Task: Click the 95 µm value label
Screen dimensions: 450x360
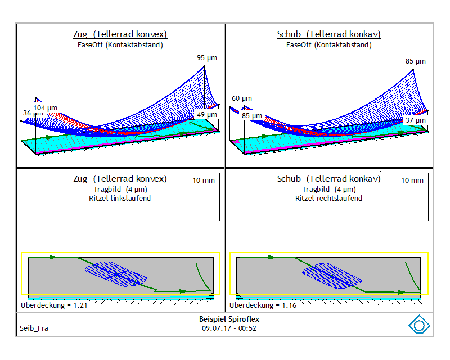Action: click(x=206, y=58)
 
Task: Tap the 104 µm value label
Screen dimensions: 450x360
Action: click(x=46, y=108)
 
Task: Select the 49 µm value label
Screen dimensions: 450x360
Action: click(x=206, y=115)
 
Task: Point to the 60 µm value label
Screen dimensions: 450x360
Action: click(x=242, y=98)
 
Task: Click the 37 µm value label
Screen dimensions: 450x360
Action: click(x=415, y=120)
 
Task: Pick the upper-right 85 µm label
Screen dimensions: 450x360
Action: click(x=415, y=61)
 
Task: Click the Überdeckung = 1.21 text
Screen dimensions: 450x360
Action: click(x=54, y=305)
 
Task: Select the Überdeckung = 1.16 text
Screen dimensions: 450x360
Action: click(x=263, y=305)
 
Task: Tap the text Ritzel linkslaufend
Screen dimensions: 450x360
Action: click(x=120, y=199)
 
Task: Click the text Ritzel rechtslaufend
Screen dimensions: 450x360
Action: click(x=328, y=199)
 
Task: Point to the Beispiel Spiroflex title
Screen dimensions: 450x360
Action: click(x=229, y=319)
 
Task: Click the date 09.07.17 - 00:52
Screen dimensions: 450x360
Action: click(x=229, y=328)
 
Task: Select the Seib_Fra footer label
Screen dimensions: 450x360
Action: click(x=34, y=328)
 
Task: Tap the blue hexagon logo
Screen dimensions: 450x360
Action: click(x=419, y=325)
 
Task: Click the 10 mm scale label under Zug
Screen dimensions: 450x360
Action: click(x=204, y=181)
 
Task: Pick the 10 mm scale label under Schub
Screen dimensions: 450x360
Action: click(x=412, y=181)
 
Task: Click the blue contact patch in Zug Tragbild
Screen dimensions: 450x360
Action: click(x=116, y=274)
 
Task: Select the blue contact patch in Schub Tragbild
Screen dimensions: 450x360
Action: click(x=332, y=276)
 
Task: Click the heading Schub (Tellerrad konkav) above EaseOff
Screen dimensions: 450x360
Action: click(x=329, y=34)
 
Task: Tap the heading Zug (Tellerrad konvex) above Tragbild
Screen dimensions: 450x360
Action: click(x=120, y=179)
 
